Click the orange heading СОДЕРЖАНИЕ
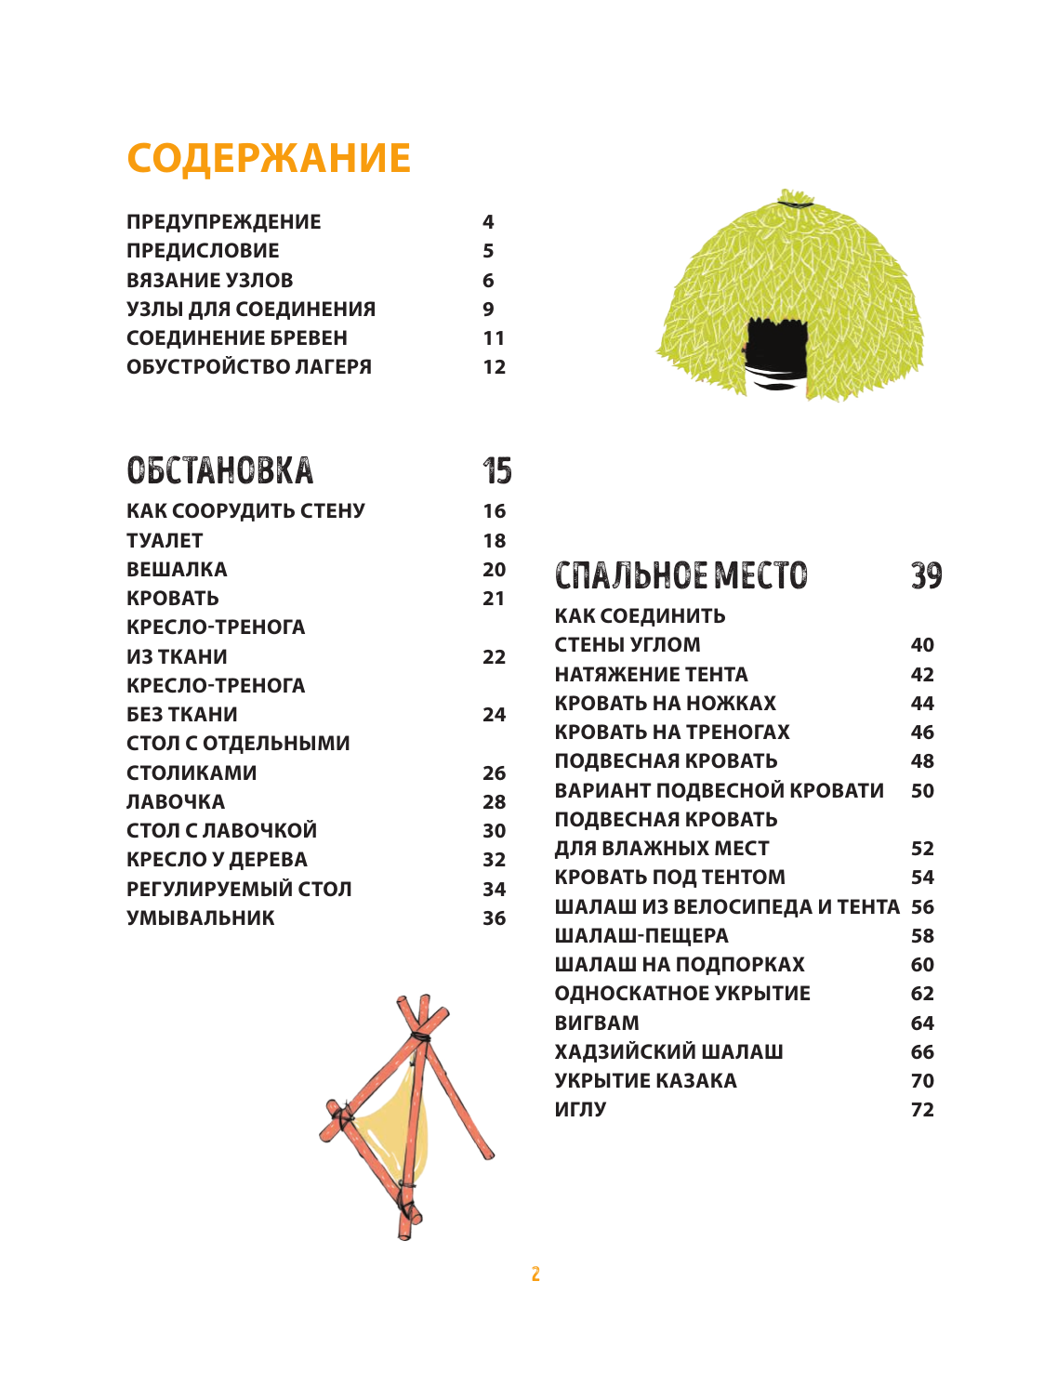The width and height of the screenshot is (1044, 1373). click(x=269, y=159)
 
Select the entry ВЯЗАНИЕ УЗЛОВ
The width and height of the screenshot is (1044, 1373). click(x=210, y=280)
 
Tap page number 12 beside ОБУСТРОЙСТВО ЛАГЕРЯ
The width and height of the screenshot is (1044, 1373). click(x=494, y=367)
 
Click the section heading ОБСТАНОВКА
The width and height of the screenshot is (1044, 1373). click(x=220, y=470)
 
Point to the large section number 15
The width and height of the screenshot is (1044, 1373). click(x=497, y=470)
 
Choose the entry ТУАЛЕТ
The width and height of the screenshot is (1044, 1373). click(x=165, y=540)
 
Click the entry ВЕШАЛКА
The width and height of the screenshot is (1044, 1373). click(x=177, y=569)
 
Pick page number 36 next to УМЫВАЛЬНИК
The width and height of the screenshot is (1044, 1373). click(x=494, y=918)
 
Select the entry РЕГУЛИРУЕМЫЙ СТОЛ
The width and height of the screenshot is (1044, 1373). click(x=239, y=889)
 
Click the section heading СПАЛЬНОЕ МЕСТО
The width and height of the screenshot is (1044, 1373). click(x=681, y=575)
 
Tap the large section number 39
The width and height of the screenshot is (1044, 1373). click(x=926, y=575)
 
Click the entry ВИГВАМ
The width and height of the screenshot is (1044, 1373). click(x=597, y=1023)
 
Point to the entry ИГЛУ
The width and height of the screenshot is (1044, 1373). click(x=580, y=1109)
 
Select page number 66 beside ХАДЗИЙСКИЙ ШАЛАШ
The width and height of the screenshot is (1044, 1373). click(x=922, y=1051)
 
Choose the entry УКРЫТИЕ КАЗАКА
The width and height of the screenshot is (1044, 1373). click(x=645, y=1080)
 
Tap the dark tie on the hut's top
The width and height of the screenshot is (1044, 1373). click(x=795, y=202)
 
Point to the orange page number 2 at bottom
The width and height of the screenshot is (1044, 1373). click(x=535, y=1274)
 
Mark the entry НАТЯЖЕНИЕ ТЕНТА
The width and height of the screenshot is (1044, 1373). click(x=651, y=674)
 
